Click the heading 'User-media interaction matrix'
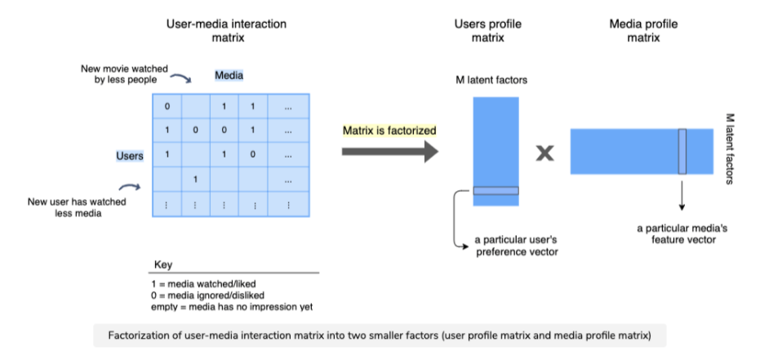click(x=226, y=31)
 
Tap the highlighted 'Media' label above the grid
click(x=229, y=76)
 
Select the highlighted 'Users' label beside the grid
click(x=130, y=155)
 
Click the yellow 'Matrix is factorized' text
click(x=389, y=130)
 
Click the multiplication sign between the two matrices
click(x=544, y=152)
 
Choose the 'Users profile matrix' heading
click(x=488, y=31)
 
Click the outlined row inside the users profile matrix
click(x=495, y=191)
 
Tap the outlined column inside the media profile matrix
click(x=682, y=151)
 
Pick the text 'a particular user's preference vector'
click(x=516, y=247)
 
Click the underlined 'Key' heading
click(x=162, y=265)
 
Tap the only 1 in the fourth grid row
click(x=195, y=179)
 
